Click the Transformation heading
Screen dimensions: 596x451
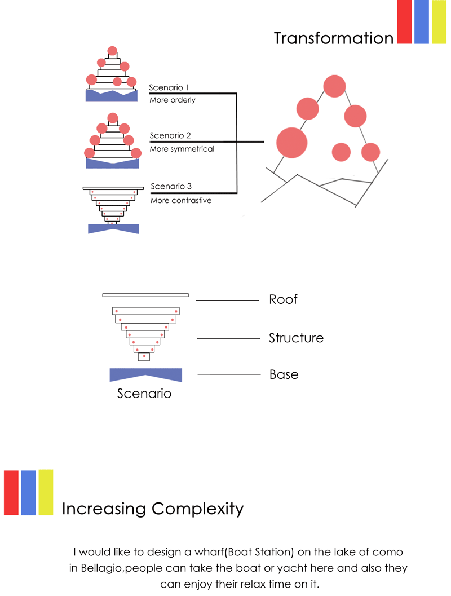(333, 38)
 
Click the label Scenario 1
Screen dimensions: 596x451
(169, 88)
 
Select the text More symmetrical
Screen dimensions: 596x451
(182, 149)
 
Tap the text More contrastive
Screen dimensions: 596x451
(181, 200)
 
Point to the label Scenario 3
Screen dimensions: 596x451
(171, 186)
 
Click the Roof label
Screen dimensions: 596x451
(283, 299)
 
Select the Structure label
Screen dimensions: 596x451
(296, 338)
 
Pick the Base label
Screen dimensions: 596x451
(284, 374)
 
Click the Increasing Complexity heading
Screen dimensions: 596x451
(153, 509)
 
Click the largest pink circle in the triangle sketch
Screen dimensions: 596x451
(292, 143)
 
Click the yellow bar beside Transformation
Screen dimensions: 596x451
(439, 21)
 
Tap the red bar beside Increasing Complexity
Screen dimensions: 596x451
(11, 492)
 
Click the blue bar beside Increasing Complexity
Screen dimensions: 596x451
(28, 492)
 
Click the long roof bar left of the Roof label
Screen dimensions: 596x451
(145, 295)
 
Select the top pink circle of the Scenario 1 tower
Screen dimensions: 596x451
(112, 51)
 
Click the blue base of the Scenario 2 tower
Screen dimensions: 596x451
(112, 164)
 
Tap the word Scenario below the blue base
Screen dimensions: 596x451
(144, 393)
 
